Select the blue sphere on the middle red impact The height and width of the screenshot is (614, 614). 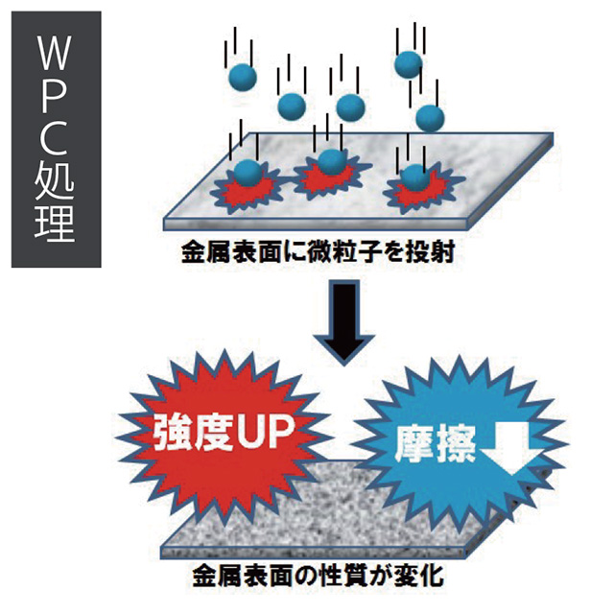click(x=330, y=163)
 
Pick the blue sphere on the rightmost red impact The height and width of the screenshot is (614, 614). click(x=413, y=178)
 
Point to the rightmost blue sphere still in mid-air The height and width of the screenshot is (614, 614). click(x=429, y=117)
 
